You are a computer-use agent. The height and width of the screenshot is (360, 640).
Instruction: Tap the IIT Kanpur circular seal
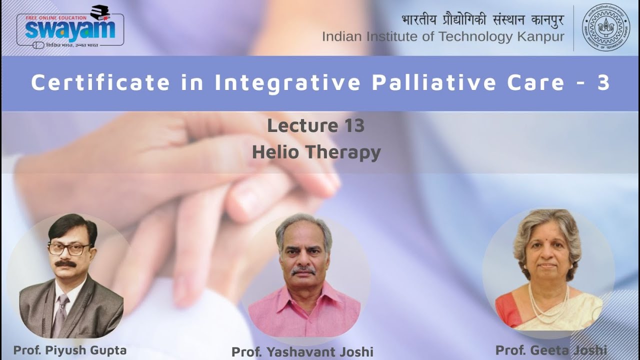(605, 27)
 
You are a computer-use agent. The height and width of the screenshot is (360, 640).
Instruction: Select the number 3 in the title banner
(603, 83)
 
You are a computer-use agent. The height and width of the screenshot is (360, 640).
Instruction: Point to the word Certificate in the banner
(100, 83)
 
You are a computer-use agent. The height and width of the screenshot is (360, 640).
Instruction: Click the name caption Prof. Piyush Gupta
(69, 350)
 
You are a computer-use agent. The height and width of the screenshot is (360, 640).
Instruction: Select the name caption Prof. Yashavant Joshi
(302, 351)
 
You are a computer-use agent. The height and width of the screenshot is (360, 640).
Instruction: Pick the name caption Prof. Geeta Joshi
(551, 349)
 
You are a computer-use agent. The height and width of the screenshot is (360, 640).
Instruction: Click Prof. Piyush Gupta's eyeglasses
(70, 248)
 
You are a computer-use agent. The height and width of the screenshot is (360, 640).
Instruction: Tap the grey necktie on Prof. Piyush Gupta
(61, 312)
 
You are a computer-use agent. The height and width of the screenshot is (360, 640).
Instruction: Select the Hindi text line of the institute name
(482, 20)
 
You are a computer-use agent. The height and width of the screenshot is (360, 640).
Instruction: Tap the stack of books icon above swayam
(100, 12)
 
